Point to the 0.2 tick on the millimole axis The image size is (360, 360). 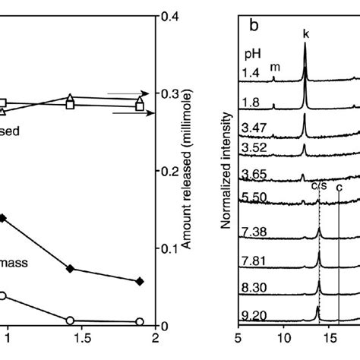pos(168,172)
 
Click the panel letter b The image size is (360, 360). pos(254,24)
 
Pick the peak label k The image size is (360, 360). pos(305,33)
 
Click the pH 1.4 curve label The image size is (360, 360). pos(251,74)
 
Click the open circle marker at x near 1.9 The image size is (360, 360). pos(140,321)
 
